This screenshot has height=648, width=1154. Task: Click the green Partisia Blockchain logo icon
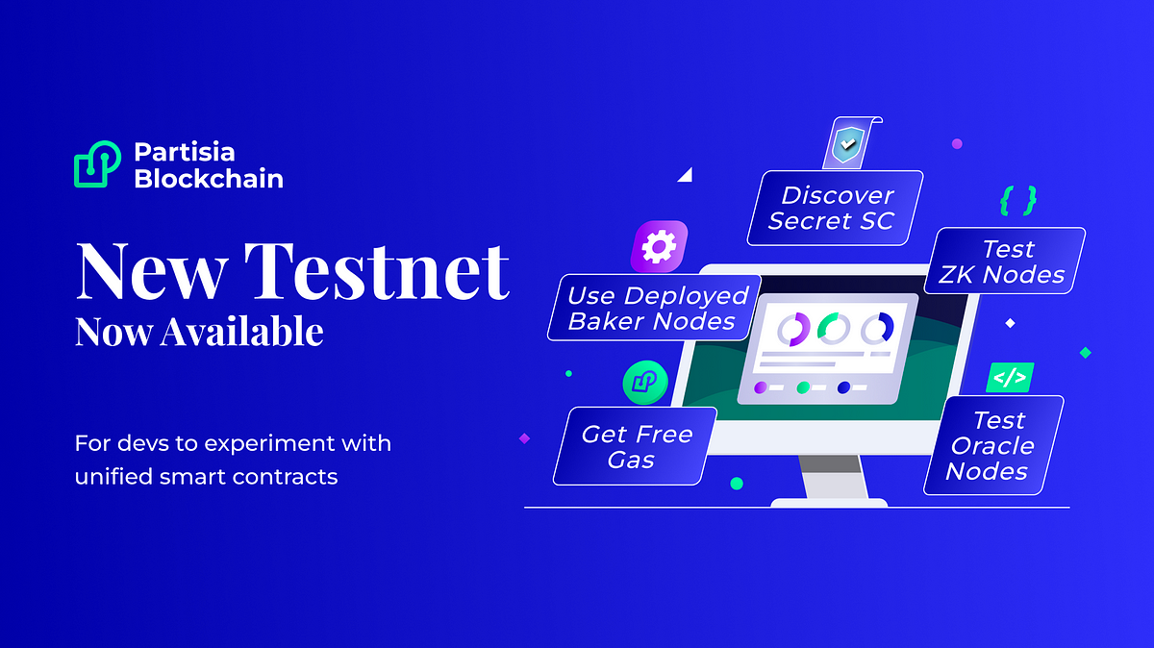97,163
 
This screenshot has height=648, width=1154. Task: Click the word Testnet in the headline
377,271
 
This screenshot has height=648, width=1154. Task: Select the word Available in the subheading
241,332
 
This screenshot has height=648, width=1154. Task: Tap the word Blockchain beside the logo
209,179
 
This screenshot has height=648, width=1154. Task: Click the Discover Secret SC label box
835,208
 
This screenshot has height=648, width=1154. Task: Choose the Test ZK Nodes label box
1005,262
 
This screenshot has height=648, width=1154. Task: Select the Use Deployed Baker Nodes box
654,308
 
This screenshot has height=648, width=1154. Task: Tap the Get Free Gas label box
635,446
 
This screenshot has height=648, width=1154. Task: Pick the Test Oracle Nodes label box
993,445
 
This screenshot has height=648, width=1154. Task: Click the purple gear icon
660,247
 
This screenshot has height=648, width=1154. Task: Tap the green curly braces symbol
1018,200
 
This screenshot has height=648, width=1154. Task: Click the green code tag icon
1010,378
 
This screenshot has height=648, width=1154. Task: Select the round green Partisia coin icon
645,383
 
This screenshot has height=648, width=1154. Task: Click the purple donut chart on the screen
794,329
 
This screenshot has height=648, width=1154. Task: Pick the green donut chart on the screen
834,328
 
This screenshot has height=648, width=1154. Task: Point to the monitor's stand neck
831,477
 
